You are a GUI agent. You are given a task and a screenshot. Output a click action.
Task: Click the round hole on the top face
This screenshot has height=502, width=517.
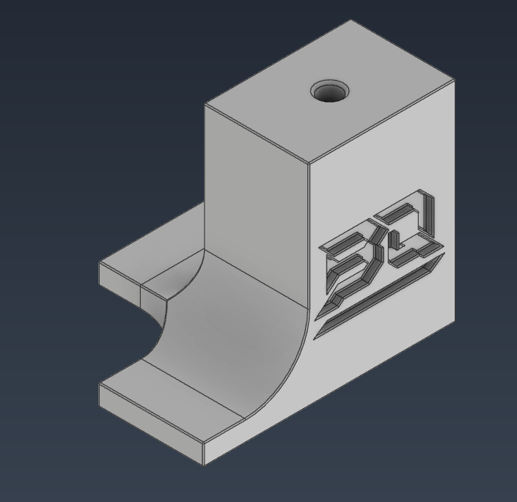[x=329, y=92]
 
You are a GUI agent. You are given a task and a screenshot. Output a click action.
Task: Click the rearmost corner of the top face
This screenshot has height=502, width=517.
[x=351, y=21]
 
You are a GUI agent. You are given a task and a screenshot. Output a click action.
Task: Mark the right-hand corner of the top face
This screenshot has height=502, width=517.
[x=455, y=80]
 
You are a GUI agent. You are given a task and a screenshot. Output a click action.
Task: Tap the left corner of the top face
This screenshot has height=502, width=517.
[x=205, y=104]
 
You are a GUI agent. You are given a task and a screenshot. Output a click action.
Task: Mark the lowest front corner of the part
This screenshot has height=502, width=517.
[x=204, y=463]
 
